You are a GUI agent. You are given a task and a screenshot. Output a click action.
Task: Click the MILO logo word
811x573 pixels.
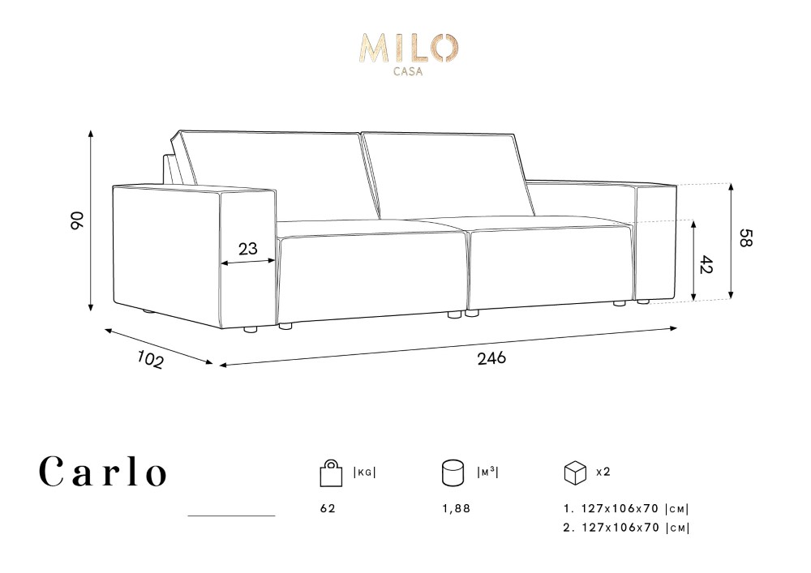409,48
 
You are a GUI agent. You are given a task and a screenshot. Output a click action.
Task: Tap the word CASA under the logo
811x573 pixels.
408,72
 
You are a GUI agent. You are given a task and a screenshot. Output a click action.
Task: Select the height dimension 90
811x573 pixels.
77,220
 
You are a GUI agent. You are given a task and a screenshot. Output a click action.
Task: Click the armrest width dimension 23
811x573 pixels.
247,249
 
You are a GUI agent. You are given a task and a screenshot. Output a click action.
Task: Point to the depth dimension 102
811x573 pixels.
151,360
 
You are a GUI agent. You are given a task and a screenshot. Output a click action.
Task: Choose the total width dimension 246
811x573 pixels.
492,358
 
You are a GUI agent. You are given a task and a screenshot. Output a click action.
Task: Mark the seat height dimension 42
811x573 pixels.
706,265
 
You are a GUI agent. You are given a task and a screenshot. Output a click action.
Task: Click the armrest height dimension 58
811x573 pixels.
745,237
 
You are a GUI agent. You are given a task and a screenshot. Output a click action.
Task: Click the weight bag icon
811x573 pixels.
331,473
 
